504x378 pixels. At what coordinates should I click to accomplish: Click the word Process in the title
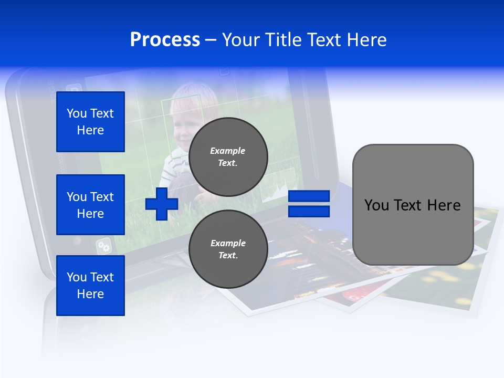click(x=165, y=40)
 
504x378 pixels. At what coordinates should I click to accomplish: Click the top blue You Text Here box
click(x=90, y=122)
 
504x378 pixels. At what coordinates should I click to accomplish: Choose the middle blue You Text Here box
click(x=90, y=205)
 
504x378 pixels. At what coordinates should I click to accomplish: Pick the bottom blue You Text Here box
click(x=90, y=285)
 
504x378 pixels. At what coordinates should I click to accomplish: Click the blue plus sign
click(x=162, y=204)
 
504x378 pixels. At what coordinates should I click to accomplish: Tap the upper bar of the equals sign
click(x=309, y=196)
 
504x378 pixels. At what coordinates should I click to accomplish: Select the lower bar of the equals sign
click(x=309, y=212)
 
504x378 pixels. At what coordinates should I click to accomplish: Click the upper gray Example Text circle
click(x=228, y=157)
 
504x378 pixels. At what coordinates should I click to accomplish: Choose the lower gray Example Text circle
click(x=228, y=249)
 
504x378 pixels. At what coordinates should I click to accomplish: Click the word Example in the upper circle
click(x=228, y=151)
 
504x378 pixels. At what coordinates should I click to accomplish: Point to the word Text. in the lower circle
click(x=228, y=256)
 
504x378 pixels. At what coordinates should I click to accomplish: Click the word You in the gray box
click(x=376, y=205)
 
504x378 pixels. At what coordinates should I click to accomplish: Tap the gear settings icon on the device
click(x=103, y=246)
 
